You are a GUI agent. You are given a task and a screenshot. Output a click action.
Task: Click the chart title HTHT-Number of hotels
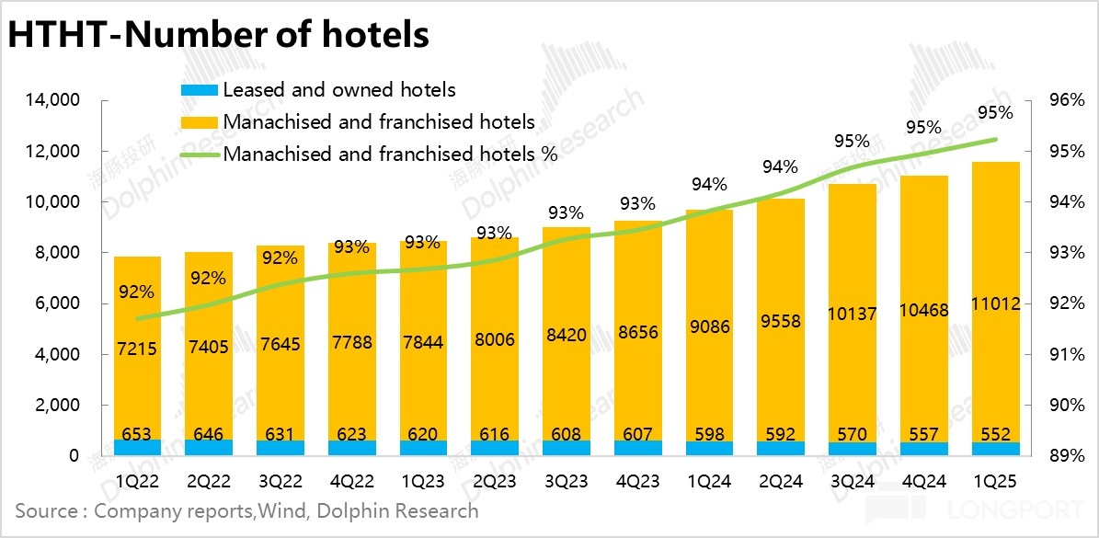pos(219,34)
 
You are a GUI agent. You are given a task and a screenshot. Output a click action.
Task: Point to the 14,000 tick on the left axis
pos(56,100)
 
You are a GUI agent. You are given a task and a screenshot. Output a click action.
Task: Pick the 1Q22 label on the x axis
pos(137,480)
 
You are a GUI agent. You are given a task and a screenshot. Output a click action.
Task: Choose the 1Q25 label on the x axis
pos(996,480)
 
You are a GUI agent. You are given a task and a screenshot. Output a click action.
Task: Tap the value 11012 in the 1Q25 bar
pos(996,304)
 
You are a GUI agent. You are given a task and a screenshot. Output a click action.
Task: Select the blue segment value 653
pos(137,435)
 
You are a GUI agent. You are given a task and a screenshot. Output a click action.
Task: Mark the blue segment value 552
pos(996,435)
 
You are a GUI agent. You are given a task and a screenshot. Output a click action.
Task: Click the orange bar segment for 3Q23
pos(567,276)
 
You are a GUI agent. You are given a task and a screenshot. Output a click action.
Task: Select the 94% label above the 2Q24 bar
pos(781,166)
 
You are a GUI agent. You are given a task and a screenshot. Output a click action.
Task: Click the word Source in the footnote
pos(46,511)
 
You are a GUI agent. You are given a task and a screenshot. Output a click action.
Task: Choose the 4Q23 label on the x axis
pos(638,480)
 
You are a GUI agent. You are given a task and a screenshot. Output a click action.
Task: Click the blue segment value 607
pos(638,435)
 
